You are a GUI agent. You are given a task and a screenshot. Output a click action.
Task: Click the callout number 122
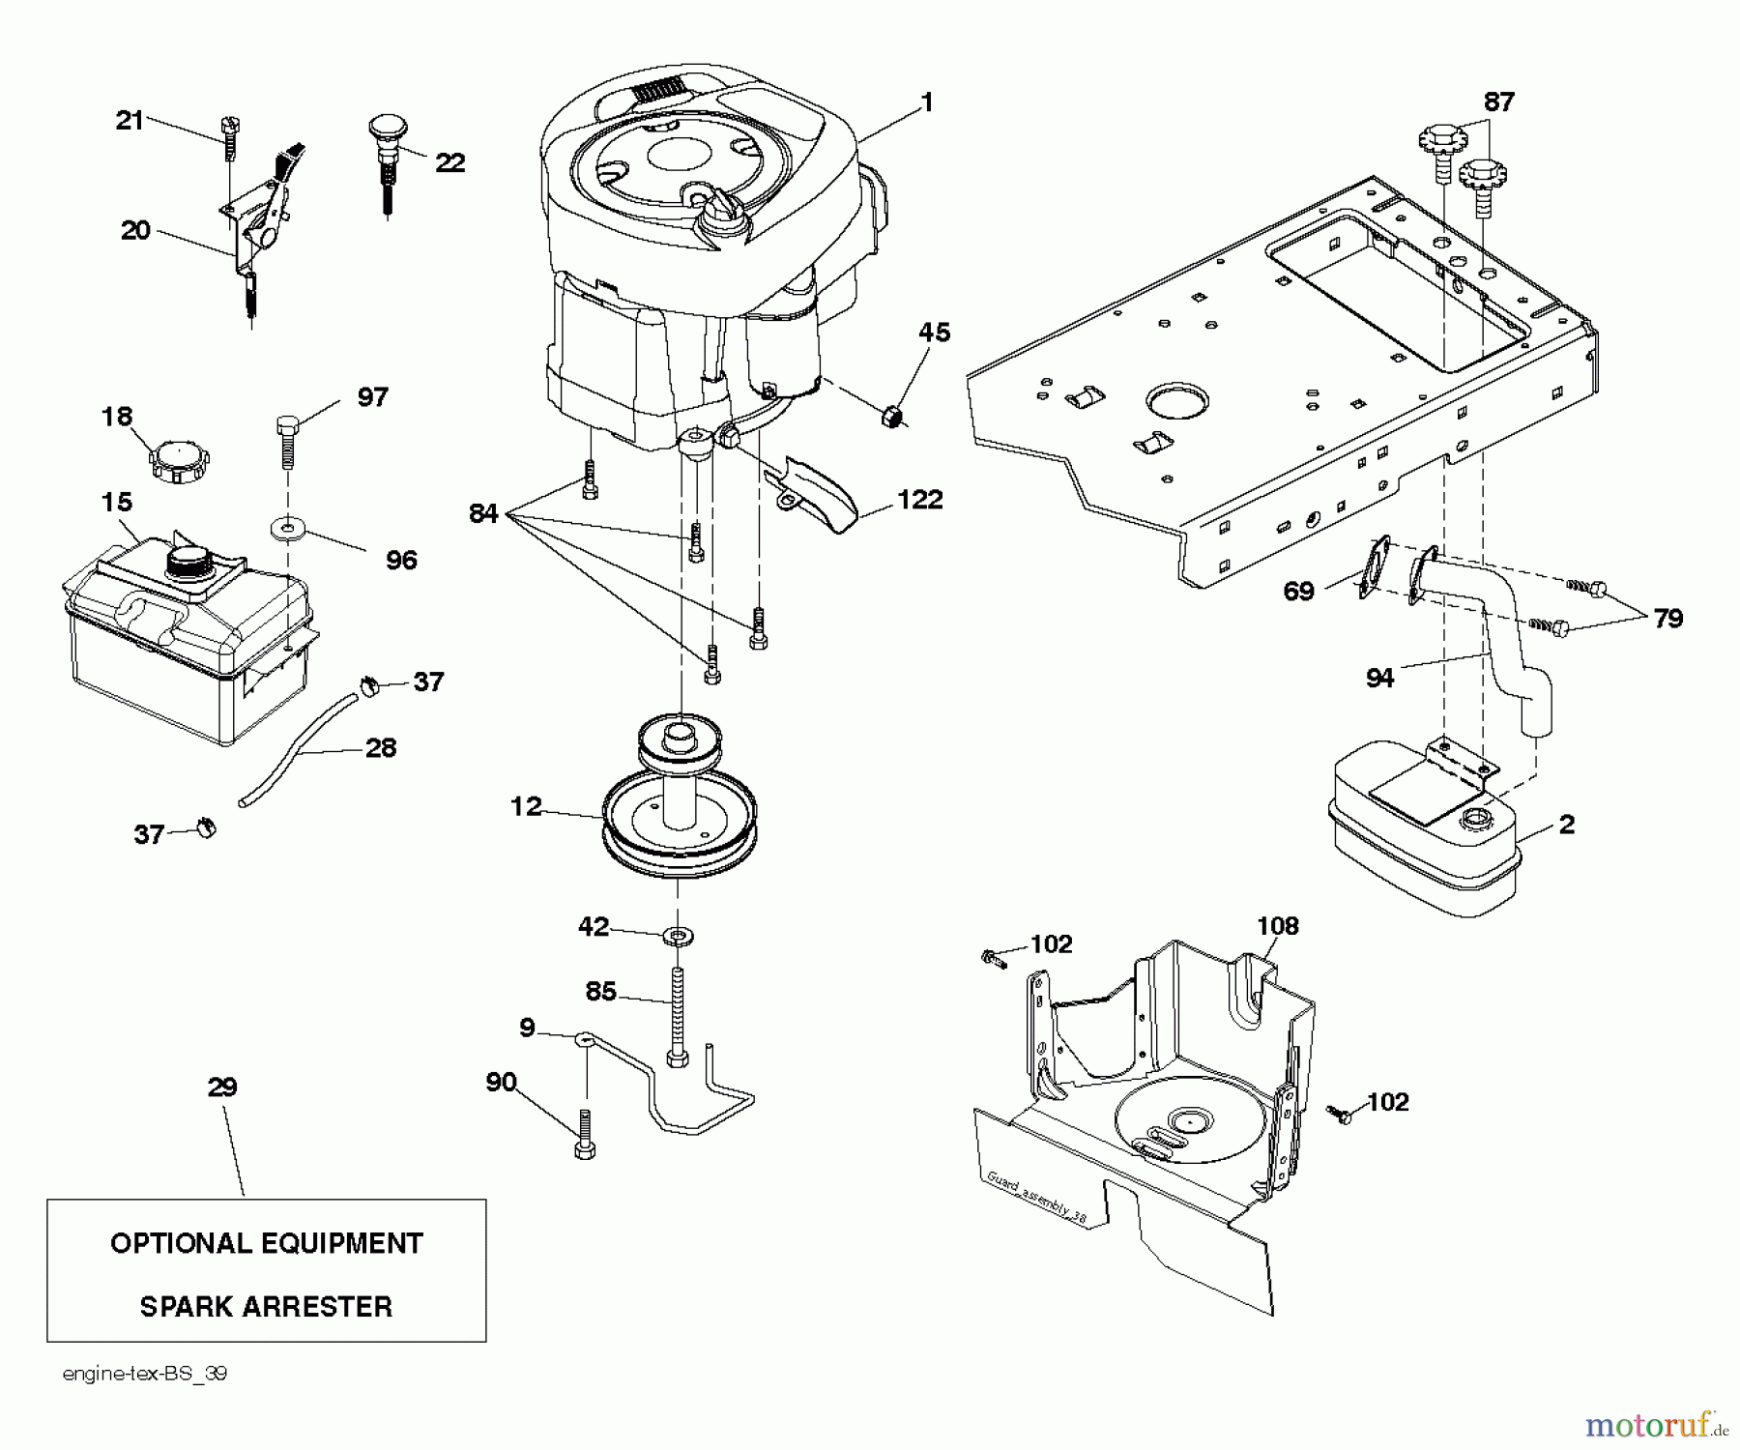pyautogui.click(x=919, y=500)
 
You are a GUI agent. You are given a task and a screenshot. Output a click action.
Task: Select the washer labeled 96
pyautogui.click(x=288, y=529)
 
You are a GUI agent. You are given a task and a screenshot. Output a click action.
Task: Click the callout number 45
pyautogui.click(x=934, y=333)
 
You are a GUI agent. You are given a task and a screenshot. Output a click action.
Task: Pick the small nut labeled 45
pyautogui.click(x=894, y=418)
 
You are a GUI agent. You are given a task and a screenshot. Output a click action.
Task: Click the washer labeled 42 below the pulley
pyautogui.click(x=679, y=936)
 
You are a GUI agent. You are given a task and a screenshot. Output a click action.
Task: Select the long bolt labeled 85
pyautogui.click(x=678, y=1017)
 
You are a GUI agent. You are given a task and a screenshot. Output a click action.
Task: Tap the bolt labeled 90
pyautogui.click(x=585, y=1134)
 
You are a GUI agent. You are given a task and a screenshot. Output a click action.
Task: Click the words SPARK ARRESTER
pyautogui.click(x=266, y=1307)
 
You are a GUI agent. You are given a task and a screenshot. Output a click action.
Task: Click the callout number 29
pyautogui.click(x=222, y=1087)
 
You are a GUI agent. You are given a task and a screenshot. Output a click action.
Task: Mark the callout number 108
pyautogui.click(x=1277, y=926)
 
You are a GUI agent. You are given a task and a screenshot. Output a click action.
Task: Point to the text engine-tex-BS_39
pyautogui.click(x=145, y=1374)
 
